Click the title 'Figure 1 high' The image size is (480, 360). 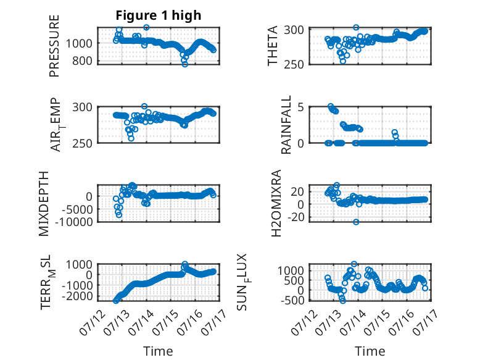pyautogui.click(x=159, y=15)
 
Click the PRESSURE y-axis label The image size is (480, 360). pyautogui.click(x=54, y=46)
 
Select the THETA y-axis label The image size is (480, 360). pyautogui.click(x=272, y=46)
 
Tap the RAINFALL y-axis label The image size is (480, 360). pyautogui.click(x=286, y=124)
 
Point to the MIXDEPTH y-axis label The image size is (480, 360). pyautogui.click(x=44, y=204)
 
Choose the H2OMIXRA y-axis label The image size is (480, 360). pyautogui.click(x=276, y=203)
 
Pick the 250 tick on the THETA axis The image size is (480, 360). pyautogui.click(x=294, y=65)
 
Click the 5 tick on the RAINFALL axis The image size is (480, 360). pyautogui.click(x=300, y=107)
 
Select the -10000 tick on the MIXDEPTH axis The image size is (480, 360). pyautogui.click(x=74, y=222)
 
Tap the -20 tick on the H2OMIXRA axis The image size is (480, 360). pyautogui.click(x=296, y=217)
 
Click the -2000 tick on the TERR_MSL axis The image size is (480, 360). pyautogui.click(x=77, y=296)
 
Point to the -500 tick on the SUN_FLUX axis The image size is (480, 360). pyautogui.click(x=292, y=300)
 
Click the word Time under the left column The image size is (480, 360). pyautogui.click(x=158, y=351)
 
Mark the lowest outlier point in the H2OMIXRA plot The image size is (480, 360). pyautogui.click(x=356, y=222)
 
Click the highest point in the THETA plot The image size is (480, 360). pyautogui.click(x=356, y=28)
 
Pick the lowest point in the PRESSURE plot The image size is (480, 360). pyautogui.click(x=184, y=64)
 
